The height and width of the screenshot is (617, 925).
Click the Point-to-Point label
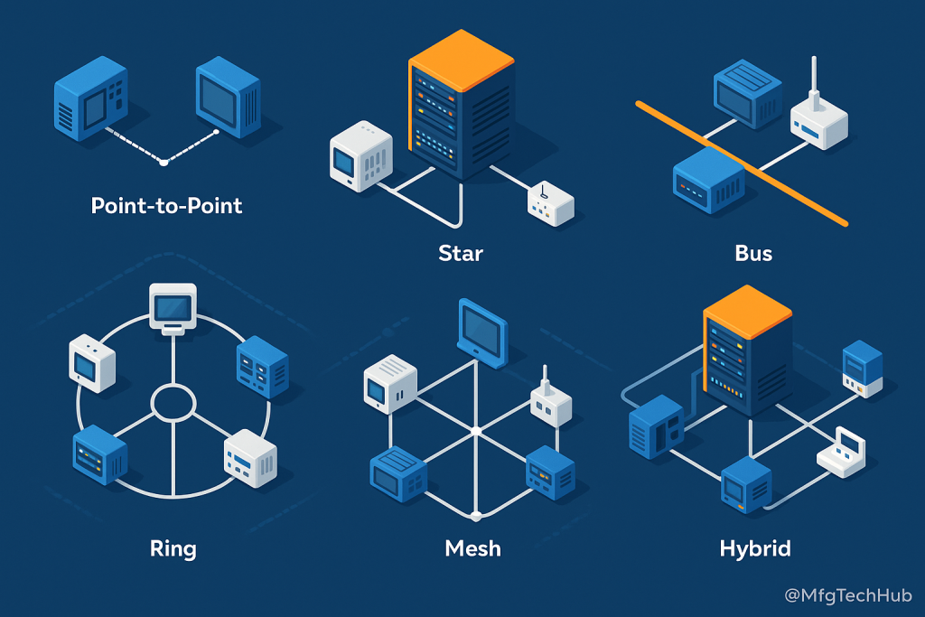click(x=167, y=206)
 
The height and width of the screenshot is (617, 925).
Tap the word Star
click(x=461, y=252)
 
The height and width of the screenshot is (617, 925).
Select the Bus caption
click(x=753, y=252)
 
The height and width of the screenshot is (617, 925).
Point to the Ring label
click(x=173, y=547)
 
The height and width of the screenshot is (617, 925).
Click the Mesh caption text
click(x=472, y=548)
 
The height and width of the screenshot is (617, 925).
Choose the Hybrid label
click(x=755, y=548)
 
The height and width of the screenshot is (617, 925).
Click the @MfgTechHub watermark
click(x=848, y=596)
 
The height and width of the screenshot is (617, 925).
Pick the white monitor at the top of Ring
click(x=173, y=308)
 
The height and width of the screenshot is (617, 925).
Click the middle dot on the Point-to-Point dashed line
click(x=164, y=162)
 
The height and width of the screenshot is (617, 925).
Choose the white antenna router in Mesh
click(x=549, y=402)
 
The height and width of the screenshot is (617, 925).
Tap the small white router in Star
click(x=550, y=205)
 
